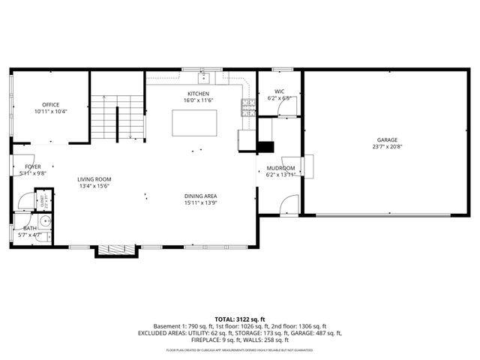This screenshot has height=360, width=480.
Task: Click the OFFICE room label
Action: (x=51, y=104)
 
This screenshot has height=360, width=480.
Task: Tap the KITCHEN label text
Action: (x=198, y=94)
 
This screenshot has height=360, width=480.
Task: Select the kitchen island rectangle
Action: (x=194, y=122)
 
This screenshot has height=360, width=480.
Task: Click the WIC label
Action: (x=280, y=91)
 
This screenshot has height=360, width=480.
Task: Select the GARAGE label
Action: (x=387, y=140)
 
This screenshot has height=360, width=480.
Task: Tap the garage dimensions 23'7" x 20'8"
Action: (x=387, y=147)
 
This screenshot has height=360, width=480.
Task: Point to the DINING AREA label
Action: (x=200, y=196)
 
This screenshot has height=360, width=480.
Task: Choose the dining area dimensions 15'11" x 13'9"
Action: (x=200, y=203)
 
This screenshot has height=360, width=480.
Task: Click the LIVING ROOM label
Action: (x=94, y=179)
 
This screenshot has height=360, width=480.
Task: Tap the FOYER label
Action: (x=33, y=166)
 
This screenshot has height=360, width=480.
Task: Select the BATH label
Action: (x=30, y=228)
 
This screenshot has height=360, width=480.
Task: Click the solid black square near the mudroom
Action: (x=265, y=148)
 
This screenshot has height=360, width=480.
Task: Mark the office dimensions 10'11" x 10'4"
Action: (x=51, y=111)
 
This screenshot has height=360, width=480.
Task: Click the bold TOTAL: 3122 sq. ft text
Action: (x=239, y=320)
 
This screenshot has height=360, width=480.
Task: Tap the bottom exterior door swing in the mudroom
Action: (x=288, y=203)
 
